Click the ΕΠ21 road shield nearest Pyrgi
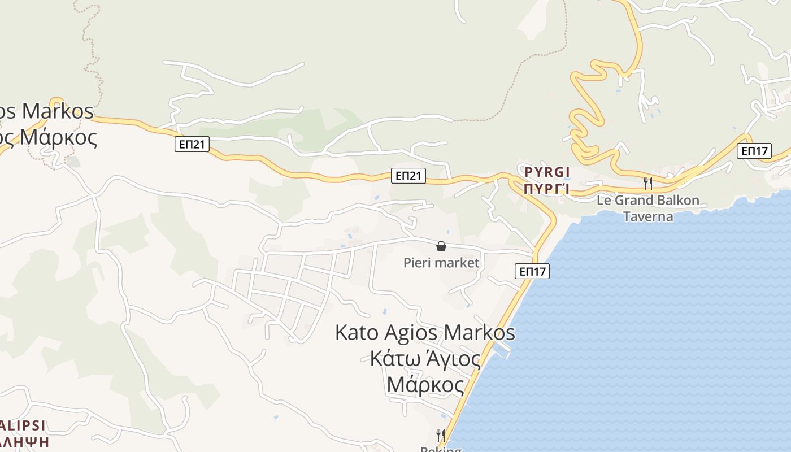408,176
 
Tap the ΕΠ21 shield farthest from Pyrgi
192,145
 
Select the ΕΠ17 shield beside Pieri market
532,272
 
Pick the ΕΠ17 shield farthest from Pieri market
754,151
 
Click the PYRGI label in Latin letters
546,172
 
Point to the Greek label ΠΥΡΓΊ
546,189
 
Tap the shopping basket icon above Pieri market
441,246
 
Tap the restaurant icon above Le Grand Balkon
648,183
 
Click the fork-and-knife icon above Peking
441,435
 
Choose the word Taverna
648,216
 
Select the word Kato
357,332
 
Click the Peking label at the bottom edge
441,449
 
